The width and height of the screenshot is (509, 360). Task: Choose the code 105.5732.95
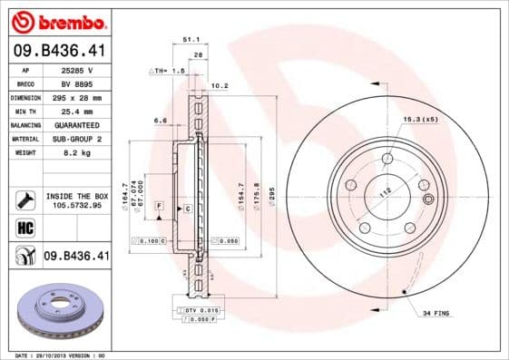point(76,205)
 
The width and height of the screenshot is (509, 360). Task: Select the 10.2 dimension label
point(219,87)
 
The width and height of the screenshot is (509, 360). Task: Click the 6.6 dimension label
point(161,120)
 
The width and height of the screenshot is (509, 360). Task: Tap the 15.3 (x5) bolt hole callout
point(420,119)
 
